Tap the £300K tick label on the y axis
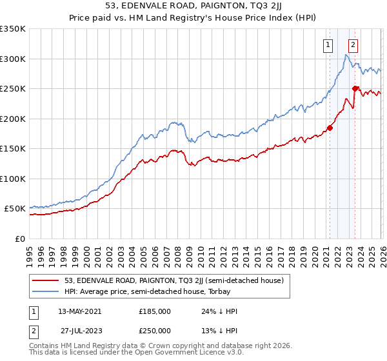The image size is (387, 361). point(13,59)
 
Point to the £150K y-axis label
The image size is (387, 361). point(13,149)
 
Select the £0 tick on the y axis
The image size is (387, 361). point(19,239)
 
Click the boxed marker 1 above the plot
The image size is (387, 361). point(328,45)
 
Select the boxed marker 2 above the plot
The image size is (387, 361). point(353,45)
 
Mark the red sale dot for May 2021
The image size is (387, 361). point(330,128)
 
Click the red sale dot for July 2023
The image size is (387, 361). point(355,88)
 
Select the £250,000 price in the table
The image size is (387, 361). point(155,330)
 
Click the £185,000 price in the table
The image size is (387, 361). point(155,311)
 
